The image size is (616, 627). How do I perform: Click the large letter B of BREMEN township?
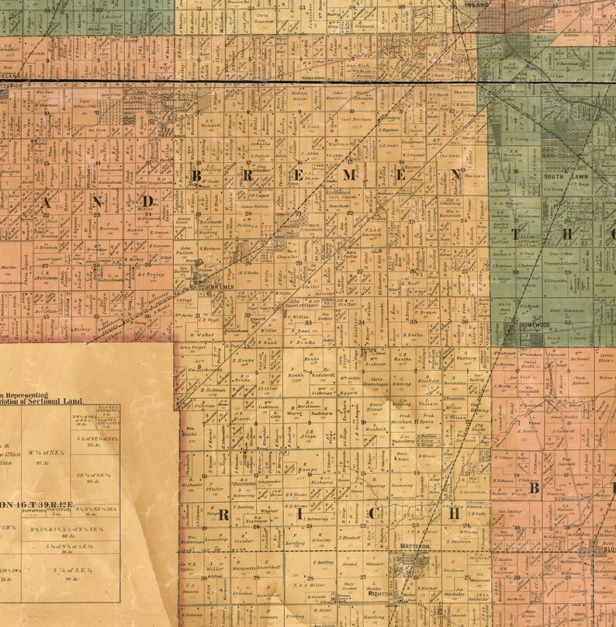[x=196, y=178]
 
